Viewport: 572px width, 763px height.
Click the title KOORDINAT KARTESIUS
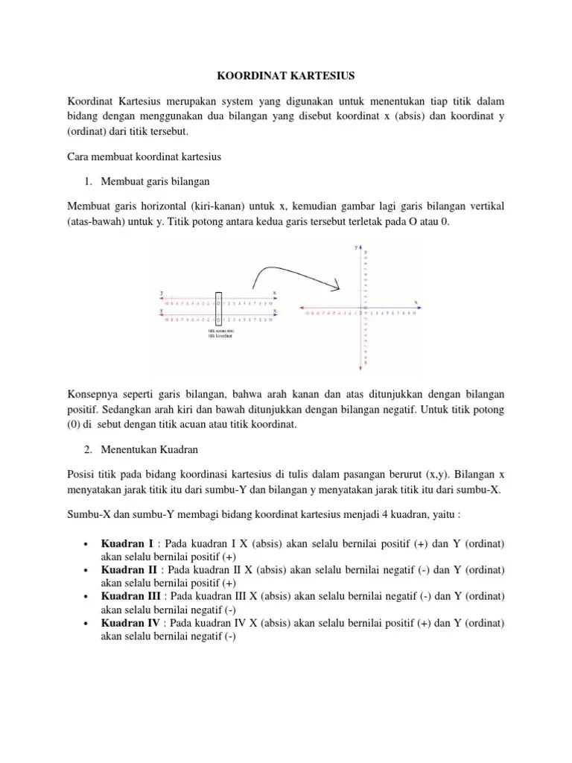click(286, 75)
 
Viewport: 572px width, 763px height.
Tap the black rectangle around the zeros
click(218, 309)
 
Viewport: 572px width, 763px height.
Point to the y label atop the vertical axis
click(356, 246)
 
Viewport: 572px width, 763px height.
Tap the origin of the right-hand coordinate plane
click(362, 308)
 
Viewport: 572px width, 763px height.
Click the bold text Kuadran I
click(126, 544)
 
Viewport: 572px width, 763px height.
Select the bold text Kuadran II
click(127, 570)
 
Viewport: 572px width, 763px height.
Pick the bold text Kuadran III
click(130, 596)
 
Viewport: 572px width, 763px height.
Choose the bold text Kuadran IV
click(130, 622)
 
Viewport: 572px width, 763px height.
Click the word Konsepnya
click(93, 392)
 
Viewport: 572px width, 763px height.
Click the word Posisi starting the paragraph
click(81, 474)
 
